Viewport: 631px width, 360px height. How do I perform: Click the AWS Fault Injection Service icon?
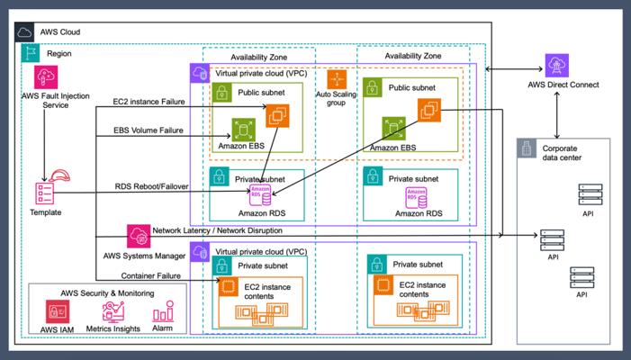pos(45,76)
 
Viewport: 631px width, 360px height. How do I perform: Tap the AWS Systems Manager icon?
pos(139,236)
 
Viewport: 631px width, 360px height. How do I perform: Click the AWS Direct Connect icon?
pos(556,65)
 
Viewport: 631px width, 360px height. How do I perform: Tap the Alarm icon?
pos(163,313)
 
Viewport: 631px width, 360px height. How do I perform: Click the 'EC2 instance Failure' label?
pos(148,102)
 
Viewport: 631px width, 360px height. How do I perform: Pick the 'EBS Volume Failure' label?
pos(148,130)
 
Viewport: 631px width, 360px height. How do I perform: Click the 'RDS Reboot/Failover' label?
pos(148,186)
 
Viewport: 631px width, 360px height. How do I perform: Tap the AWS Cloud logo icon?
pos(25,32)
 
